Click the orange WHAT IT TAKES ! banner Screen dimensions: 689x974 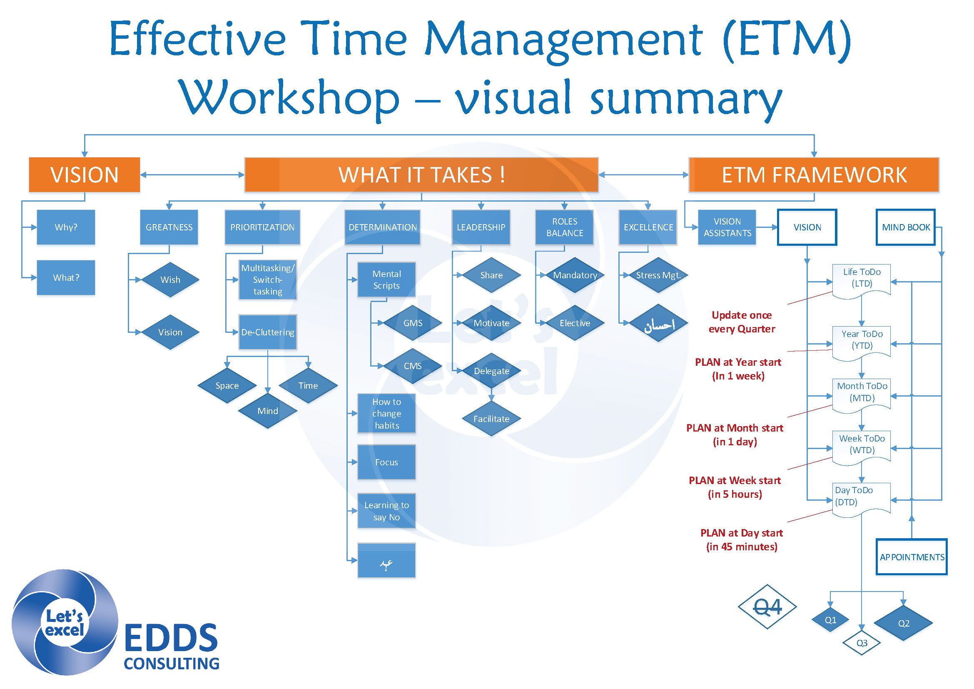(421, 175)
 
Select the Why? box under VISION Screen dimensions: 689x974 (66, 227)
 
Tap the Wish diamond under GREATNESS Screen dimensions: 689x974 (170, 280)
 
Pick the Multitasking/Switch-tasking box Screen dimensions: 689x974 (267, 280)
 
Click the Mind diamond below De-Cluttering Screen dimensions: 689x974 (267, 411)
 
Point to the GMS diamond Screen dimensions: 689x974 (412, 323)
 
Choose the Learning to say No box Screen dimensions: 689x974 (386, 511)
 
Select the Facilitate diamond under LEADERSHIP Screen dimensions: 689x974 (491, 419)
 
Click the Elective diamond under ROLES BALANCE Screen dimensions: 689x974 (574, 323)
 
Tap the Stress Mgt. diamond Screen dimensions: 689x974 (658, 275)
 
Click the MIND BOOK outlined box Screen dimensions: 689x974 (905, 227)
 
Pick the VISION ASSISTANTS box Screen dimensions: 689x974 (727, 227)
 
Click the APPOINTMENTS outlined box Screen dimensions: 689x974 (911, 557)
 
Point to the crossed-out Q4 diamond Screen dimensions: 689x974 (767, 607)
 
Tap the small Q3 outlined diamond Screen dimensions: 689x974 (861, 643)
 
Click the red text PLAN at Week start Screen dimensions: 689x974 (734, 480)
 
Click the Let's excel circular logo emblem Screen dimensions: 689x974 (65, 622)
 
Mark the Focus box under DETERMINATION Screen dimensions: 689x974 (386, 462)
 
